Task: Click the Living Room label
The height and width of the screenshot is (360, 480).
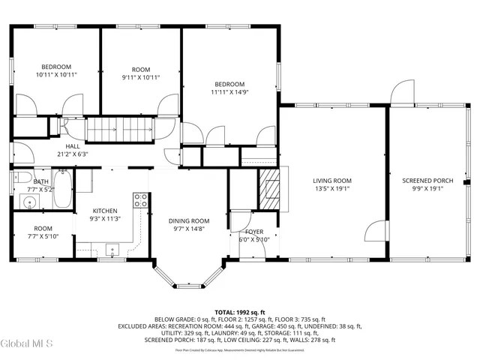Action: (332, 180)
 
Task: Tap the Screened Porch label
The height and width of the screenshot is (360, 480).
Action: (427, 180)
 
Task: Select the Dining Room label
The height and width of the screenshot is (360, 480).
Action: (189, 220)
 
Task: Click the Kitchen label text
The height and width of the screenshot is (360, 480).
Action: (105, 211)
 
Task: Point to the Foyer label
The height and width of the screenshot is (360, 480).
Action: (254, 232)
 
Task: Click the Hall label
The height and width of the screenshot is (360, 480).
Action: (72, 146)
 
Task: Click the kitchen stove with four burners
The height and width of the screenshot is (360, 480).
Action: (140, 199)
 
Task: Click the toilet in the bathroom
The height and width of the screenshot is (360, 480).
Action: (21, 178)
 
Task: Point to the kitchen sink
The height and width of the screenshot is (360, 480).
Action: (114, 250)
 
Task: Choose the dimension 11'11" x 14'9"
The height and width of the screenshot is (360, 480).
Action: (228, 92)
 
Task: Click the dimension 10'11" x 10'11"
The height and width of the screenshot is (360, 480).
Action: (55, 75)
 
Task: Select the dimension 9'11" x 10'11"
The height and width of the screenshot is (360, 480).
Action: (141, 76)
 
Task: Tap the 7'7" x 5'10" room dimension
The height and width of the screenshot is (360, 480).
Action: (43, 236)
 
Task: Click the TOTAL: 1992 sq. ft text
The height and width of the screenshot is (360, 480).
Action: (240, 312)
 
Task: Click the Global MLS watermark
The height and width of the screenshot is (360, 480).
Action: (27, 344)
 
